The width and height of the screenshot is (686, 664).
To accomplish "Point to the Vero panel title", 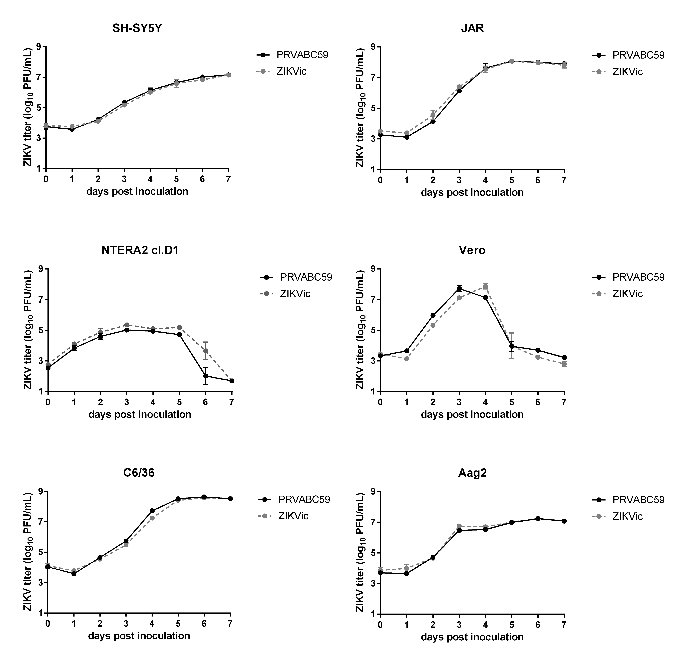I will (472, 250).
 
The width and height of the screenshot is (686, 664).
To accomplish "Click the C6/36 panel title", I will (139, 473).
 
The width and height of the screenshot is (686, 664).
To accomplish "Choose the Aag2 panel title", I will (472, 473).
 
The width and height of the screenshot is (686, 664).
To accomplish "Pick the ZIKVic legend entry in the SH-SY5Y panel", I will (291, 71).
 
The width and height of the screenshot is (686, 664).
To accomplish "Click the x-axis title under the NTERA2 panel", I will (140, 414).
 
